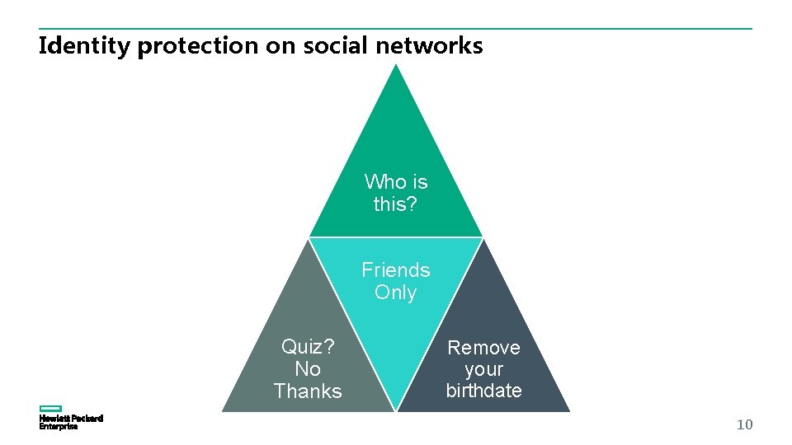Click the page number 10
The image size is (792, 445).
click(744, 425)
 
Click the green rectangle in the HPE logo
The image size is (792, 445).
click(51, 409)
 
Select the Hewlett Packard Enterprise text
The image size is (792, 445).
click(71, 423)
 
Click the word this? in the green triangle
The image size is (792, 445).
click(395, 204)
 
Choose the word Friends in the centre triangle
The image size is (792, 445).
click(396, 270)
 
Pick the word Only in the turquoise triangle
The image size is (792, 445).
click(395, 293)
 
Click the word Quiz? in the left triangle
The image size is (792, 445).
click(308, 346)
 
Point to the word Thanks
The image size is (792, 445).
click(308, 391)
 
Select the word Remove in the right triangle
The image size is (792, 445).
click(483, 348)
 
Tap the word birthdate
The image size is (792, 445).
click(483, 391)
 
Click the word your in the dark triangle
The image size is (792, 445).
click(483, 369)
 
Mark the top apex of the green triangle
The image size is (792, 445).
click(396, 65)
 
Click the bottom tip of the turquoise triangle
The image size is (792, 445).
click(396, 410)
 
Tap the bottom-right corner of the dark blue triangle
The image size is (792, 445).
click(569, 410)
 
